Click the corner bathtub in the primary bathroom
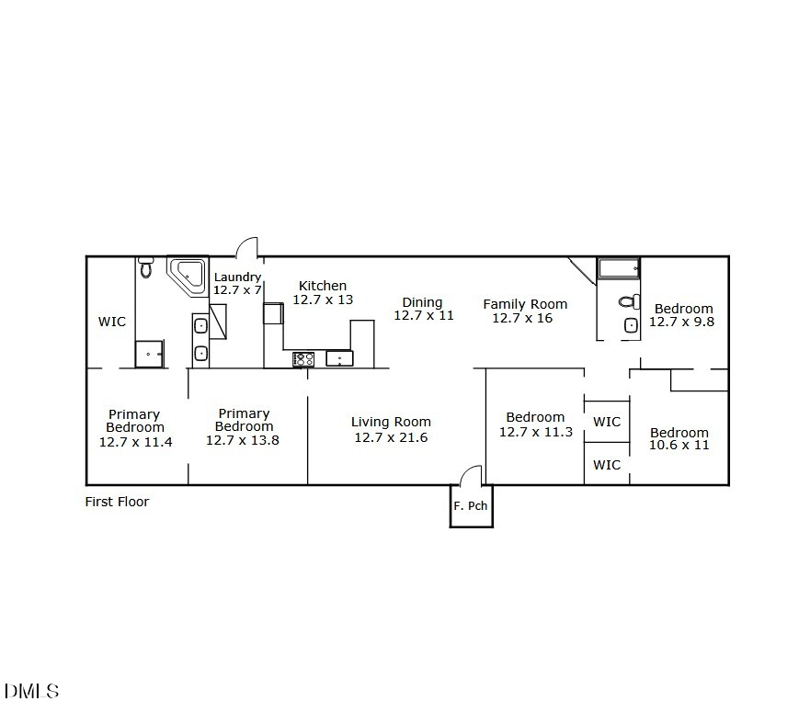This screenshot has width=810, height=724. (x=188, y=276)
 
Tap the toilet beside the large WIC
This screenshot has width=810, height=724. (x=145, y=267)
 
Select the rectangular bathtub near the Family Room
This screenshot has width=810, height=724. (x=619, y=268)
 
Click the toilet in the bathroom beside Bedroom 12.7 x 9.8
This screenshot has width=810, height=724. (x=628, y=301)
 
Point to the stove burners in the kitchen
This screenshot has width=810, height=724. (x=303, y=359)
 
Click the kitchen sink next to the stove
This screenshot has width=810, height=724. (x=338, y=358)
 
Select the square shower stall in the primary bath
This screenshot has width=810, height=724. (x=149, y=354)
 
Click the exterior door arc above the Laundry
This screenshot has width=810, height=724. (x=246, y=247)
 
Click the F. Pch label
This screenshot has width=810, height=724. (x=471, y=506)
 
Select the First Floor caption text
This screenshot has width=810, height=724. (x=117, y=502)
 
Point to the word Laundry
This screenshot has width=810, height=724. (x=237, y=277)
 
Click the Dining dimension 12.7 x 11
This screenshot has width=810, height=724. (x=424, y=315)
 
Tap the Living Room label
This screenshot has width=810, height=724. (x=391, y=422)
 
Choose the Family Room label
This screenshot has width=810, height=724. (x=525, y=304)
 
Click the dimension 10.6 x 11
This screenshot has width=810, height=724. (x=679, y=446)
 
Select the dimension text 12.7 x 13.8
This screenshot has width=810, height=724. (x=242, y=440)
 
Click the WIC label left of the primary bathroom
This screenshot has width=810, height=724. (x=112, y=322)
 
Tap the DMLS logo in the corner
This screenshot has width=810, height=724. (x=31, y=691)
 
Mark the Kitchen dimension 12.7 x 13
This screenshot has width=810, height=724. (x=323, y=300)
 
